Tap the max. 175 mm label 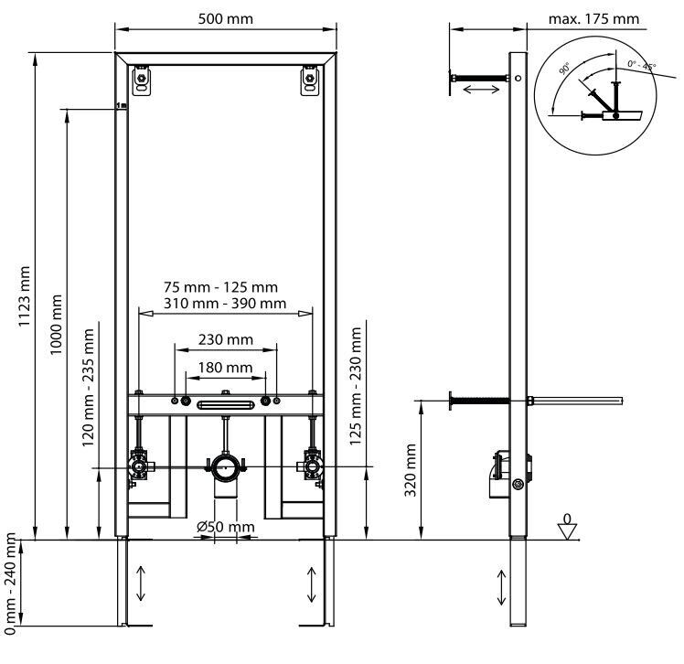[x=594, y=18]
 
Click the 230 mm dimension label [x=226, y=339]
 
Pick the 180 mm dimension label [x=226, y=368]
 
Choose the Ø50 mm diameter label [x=226, y=527]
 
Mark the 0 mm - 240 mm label [x=10, y=585]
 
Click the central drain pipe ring [x=226, y=467]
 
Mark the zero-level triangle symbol [x=568, y=530]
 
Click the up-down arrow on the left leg [x=141, y=583]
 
